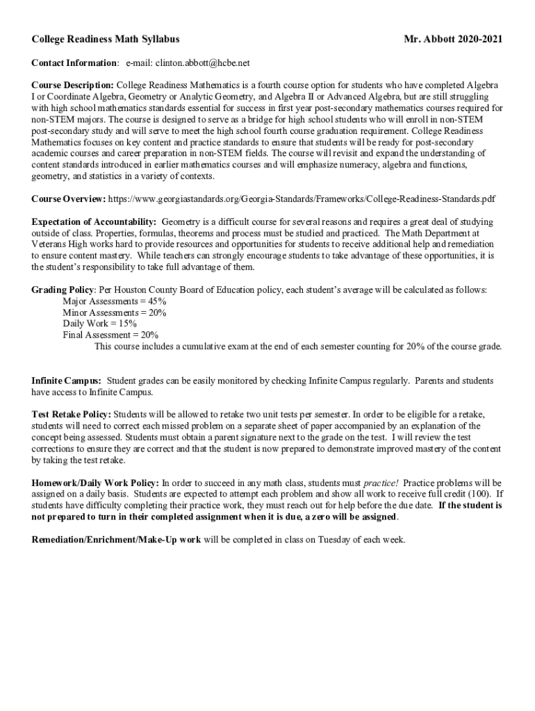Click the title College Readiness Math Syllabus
coord(105,40)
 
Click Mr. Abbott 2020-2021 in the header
coord(453,40)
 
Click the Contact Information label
coord(74,63)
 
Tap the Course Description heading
coord(73,85)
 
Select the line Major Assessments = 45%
coord(114,301)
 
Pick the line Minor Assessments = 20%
coord(114,312)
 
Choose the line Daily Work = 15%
coord(99,324)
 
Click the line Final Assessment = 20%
coord(110,335)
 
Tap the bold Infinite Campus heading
coord(66,381)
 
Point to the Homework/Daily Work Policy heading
coord(95,483)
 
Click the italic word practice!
coord(381,483)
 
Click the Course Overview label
coord(68,199)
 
